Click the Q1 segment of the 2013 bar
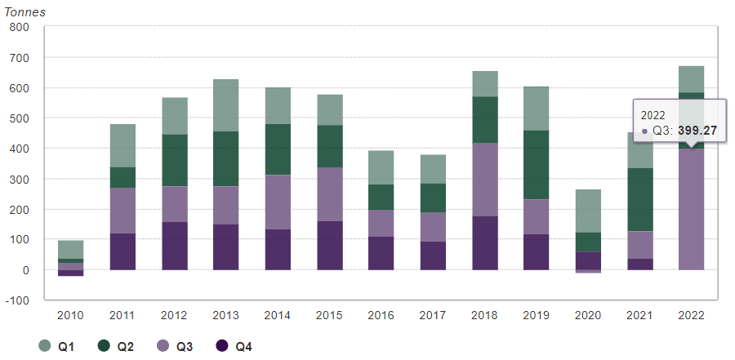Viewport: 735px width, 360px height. [x=225, y=105]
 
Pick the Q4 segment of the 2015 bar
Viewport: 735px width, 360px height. [x=329, y=245]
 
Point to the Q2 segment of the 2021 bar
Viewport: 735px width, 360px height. [x=639, y=200]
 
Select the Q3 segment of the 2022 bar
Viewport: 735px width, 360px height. [x=690, y=212]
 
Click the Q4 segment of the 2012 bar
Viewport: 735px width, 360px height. [x=174, y=246]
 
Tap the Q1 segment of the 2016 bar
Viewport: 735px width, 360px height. [x=381, y=167]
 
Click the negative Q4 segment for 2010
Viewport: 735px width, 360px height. [x=70, y=273]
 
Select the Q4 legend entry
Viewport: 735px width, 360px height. [x=234, y=347]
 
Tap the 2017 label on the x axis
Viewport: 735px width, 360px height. [x=433, y=314]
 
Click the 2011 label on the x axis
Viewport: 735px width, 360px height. [x=122, y=314]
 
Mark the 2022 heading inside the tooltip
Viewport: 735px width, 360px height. [x=653, y=115]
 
